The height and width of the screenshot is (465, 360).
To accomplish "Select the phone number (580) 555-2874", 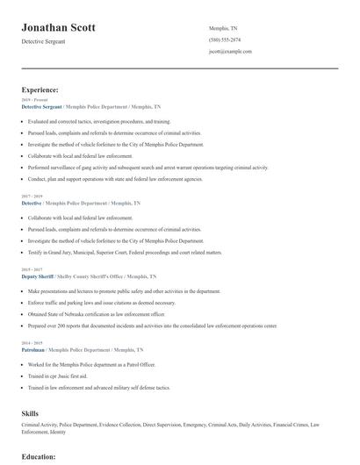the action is [225, 39].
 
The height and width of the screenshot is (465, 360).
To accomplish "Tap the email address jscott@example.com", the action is [231, 52].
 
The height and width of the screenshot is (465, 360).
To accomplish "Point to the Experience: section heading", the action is [40, 89].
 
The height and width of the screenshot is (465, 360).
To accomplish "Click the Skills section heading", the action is [31, 411].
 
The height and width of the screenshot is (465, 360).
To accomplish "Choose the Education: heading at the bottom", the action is [39, 457].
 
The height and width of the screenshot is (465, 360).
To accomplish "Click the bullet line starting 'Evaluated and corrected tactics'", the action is [98, 121].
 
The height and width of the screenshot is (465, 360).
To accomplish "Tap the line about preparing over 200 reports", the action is [152, 325].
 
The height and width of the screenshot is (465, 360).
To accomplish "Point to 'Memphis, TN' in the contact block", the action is [223, 28].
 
